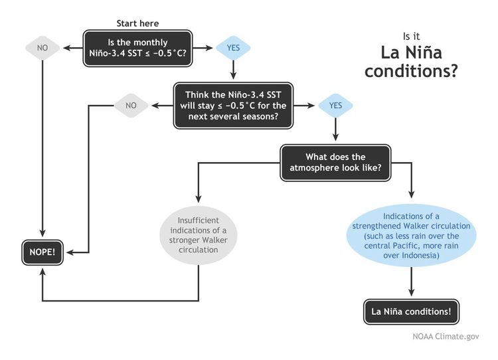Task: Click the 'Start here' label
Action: coord(137,23)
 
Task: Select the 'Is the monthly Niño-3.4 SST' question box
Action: coord(137,48)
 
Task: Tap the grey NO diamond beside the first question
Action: coord(42,48)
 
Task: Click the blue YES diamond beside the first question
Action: coord(233,48)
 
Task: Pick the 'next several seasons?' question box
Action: coord(233,106)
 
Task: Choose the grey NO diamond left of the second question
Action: coord(131,106)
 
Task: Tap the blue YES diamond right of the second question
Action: coord(335,106)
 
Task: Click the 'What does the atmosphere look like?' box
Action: coord(335,163)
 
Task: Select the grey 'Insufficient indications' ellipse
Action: coord(198,235)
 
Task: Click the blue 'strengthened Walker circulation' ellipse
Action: coord(411,235)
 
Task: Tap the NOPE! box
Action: coord(42,252)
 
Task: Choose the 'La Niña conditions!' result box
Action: coord(411,312)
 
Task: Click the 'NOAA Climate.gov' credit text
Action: coord(446,336)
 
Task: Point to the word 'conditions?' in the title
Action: coord(411,71)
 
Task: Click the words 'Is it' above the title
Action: coord(411,37)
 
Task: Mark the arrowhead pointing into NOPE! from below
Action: coord(42,272)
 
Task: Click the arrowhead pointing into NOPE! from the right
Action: coord(70,252)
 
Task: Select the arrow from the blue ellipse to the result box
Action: coord(411,282)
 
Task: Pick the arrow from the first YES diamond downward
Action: coord(233,70)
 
